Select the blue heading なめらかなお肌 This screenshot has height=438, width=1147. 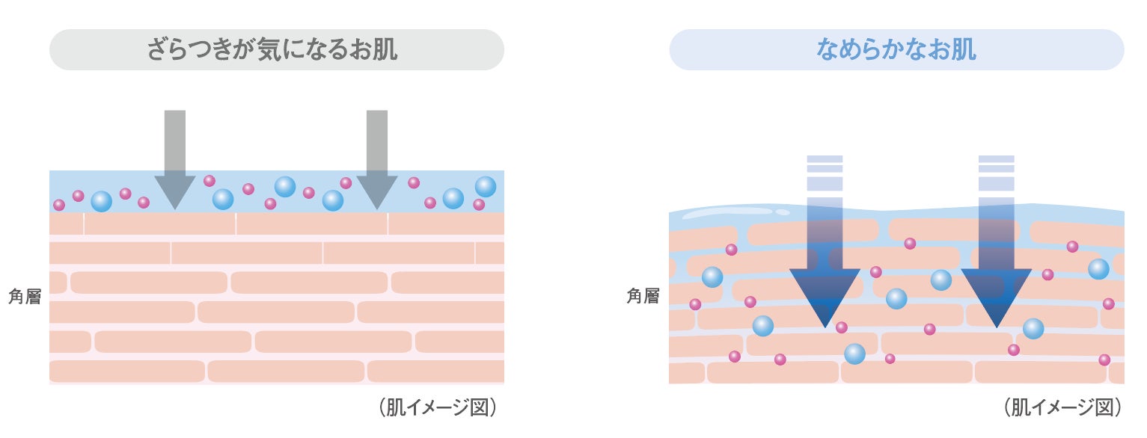[896, 50]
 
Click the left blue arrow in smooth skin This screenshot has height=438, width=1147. [825, 269]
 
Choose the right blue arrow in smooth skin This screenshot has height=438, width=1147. [996, 269]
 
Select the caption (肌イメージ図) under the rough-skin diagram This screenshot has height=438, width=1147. [438, 407]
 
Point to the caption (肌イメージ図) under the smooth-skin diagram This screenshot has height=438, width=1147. [1062, 407]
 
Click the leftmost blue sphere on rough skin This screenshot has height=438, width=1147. [101, 202]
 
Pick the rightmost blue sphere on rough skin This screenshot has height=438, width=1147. [485, 186]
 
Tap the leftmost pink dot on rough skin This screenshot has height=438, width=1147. [59, 206]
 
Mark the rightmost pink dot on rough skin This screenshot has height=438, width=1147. [479, 205]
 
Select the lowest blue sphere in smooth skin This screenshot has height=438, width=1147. [854, 354]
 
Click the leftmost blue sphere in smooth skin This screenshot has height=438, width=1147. [712, 277]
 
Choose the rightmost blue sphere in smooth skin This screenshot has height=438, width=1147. [1098, 269]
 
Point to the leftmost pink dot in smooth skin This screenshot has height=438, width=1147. [695, 304]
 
